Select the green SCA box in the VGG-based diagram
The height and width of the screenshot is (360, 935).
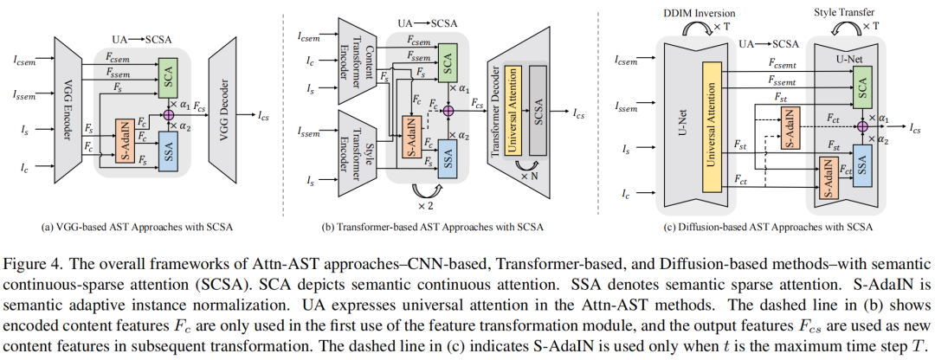tap(170, 76)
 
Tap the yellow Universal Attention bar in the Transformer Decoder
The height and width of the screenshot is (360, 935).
tap(513, 112)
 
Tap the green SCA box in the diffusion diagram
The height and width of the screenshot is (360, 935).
tap(861, 83)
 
